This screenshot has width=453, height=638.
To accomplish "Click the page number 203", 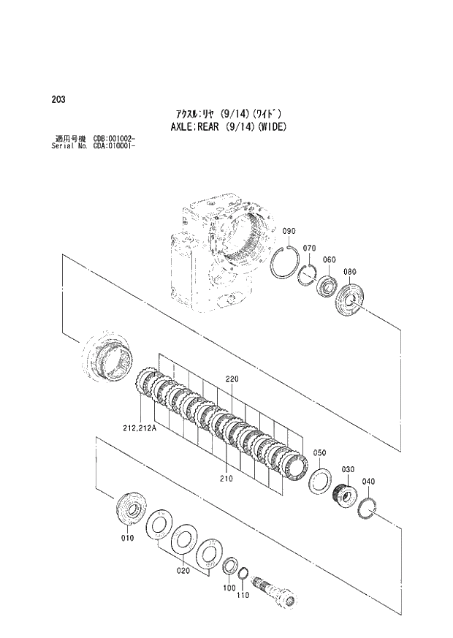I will [56, 100].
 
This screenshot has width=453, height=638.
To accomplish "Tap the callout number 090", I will [289, 232].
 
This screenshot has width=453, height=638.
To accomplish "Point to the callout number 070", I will [309, 248].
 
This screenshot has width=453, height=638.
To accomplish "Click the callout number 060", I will [329, 259].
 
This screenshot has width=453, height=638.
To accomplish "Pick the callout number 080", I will [349, 272].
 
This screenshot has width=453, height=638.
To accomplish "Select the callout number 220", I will [232, 379].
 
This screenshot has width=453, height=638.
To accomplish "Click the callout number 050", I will [319, 453].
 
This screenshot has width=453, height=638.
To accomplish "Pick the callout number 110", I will [243, 595].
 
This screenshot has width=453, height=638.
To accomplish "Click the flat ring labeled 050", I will [319, 481].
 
